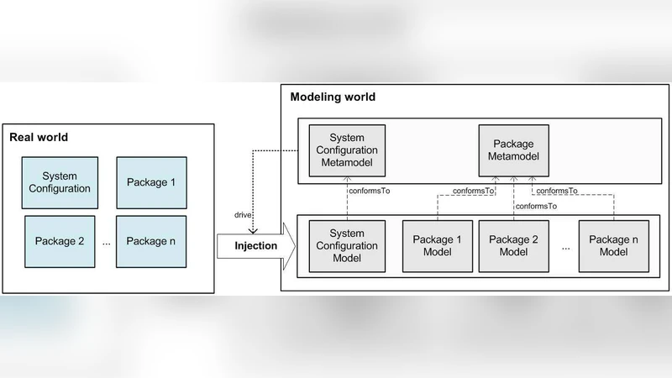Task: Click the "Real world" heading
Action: [x=39, y=137]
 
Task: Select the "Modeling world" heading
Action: [x=333, y=97]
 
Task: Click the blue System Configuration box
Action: [x=60, y=182]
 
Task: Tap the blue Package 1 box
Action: [x=151, y=182]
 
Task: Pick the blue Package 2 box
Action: [x=60, y=241]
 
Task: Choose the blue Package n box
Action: [x=151, y=241]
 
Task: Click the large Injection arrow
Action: [x=251, y=247]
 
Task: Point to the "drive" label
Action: [x=244, y=216]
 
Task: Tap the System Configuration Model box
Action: [x=347, y=246]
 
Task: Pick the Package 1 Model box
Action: [x=437, y=246]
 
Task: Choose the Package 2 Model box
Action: [x=514, y=246]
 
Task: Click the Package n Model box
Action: [x=613, y=246]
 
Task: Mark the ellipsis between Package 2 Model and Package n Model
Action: [x=565, y=247]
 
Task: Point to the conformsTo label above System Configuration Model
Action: [x=370, y=191]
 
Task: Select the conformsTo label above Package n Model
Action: [x=557, y=191]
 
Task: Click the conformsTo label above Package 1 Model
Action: [x=474, y=191]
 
